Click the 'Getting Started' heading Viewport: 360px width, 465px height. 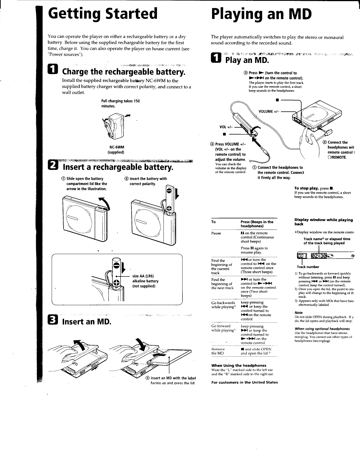(102, 14)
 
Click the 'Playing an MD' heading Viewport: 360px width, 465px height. (261, 14)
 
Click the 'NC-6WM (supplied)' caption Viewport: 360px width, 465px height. (116, 150)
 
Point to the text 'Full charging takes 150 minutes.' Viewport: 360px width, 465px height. (121, 104)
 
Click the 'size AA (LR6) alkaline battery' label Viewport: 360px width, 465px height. (145, 281)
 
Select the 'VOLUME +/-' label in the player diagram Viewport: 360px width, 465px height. (269, 112)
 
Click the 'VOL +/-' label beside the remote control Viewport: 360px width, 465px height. (225, 127)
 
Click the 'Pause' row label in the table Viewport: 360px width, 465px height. (216, 233)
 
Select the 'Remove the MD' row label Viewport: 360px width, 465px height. (218, 351)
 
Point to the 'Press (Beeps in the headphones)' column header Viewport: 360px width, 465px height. (257, 224)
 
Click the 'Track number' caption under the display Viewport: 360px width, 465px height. (308, 267)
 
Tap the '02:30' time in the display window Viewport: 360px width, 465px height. (318, 256)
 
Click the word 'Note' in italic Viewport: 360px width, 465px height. (298, 313)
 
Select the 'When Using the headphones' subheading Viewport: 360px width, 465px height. (239, 365)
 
